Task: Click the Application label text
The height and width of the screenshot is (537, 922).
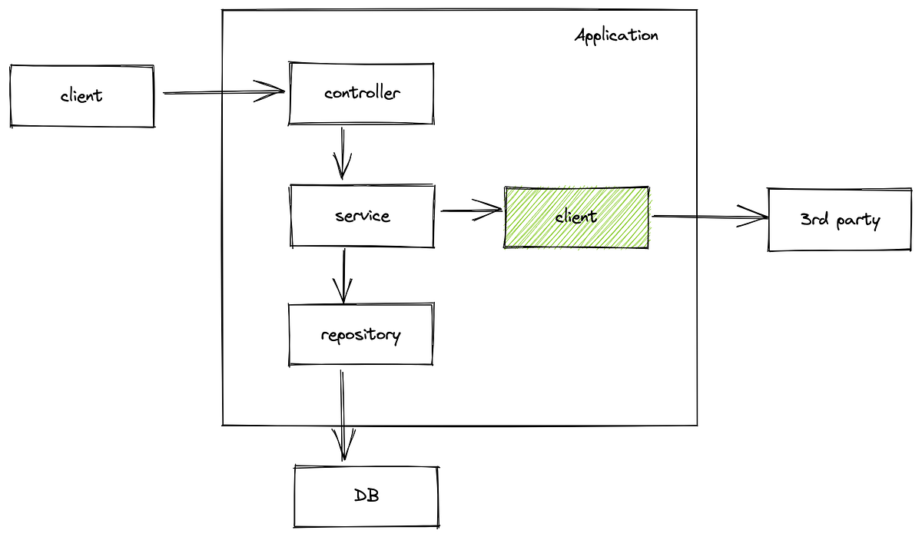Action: tap(616, 35)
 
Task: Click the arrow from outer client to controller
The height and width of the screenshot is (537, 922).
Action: tap(223, 93)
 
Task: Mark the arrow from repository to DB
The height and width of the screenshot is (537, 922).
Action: tap(343, 415)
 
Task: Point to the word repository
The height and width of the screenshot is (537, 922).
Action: tap(360, 336)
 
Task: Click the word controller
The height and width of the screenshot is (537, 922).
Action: tap(362, 94)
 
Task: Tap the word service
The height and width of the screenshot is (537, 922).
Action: tap(363, 217)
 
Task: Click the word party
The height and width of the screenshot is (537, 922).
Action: tap(859, 221)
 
